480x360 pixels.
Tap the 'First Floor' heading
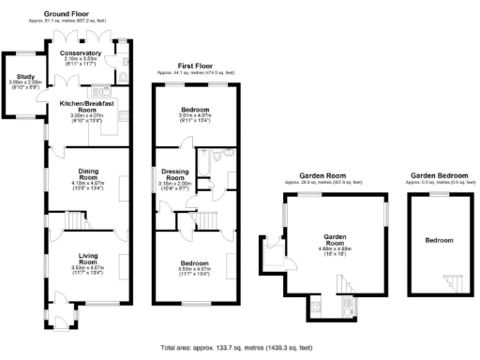click(193, 66)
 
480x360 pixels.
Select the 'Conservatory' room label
click(81, 53)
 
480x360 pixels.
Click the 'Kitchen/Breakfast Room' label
click(86, 106)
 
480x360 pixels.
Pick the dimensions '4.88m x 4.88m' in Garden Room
click(335, 247)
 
